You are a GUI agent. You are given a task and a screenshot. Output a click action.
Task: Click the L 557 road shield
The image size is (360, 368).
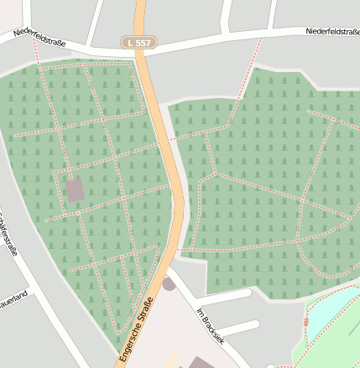pos(138,42)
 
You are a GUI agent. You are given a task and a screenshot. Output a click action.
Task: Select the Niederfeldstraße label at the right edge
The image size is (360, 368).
pos(332,32)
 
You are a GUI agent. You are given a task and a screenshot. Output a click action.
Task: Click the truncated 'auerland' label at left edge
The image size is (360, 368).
pos(14,298)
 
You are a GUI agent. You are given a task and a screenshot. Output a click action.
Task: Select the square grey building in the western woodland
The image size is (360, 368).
pos(75,190)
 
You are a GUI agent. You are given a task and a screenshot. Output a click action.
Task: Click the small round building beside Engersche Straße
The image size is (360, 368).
pos(170,284)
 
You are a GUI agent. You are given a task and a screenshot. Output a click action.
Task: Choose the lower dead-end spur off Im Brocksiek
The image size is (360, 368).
pos(239,326)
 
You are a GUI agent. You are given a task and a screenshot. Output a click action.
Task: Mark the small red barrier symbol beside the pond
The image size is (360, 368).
pos(304,322)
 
